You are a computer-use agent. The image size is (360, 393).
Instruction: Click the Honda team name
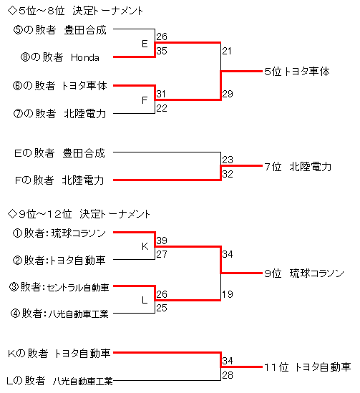pyautogui.click(x=85, y=57)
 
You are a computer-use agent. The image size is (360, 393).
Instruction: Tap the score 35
pyautogui.click(x=162, y=51)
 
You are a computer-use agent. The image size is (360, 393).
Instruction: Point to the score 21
pyautogui.click(x=226, y=51)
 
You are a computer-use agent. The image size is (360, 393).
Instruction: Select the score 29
pyautogui.click(x=228, y=94)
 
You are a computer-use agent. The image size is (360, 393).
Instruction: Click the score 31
pyautogui.click(x=161, y=94)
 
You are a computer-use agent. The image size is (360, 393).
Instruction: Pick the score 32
pyautogui.click(x=228, y=174)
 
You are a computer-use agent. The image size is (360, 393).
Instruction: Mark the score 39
pyautogui.click(x=162, y=241)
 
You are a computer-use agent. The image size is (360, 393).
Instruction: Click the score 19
pyautogui.click(x=228, y=294)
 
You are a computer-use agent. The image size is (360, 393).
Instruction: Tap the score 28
pyautogui.click(x=228, y=375)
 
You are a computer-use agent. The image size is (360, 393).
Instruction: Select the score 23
pyautogui.click(x=228, y=160)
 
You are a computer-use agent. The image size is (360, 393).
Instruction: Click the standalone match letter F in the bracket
pyautogui.click(x=145, y=100)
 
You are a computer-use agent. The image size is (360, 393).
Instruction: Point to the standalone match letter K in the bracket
pyautogui.click(x=145, y=246)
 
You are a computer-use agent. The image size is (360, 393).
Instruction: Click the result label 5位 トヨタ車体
pyautogui.click(x=297, y=72)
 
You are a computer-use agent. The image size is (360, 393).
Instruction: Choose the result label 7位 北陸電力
pyautogui.click(x=298, y=167)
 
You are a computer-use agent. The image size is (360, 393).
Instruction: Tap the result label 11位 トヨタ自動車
pyautogui.click(x=307, y=367)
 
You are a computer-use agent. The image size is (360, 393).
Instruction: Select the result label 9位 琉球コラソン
pyautogui.click(x=304, y=273)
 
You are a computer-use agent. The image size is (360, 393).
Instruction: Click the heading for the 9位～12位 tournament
pyautogui.click(x=79, y=214)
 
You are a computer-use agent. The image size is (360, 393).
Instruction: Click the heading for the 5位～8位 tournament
pyautogui.click(x=75, y=11)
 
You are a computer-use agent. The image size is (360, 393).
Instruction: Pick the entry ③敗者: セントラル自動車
pyautogui.click(x=59, y=287)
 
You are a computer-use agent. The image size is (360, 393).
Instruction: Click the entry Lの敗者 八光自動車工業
pyautogui.click(x=59, y=381)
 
